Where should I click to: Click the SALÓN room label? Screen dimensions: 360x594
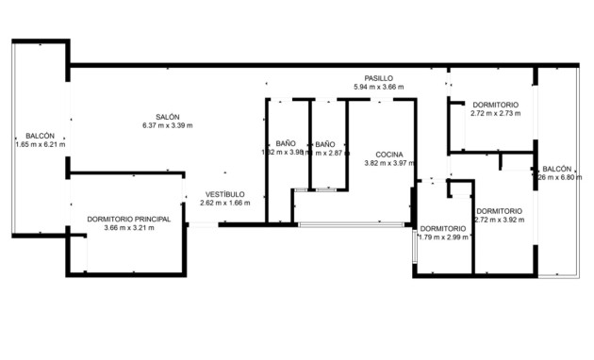click(x=168, y=117)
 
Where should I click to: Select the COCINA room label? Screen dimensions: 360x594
click(x=389, y=154)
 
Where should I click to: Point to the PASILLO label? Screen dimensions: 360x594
click(x=379, y=78)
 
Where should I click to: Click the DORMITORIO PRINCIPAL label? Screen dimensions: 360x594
click(x=128, y=219)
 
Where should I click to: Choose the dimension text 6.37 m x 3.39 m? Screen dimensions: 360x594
click(x=168, y=125)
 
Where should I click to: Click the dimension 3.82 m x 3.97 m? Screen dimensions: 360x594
click(x=389, y=163)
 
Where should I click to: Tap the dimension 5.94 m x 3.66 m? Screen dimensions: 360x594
click(x=378, y=87)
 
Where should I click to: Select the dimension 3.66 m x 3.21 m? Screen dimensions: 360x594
click(x=128, y=227)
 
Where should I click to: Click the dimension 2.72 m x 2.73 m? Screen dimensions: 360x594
click(x=495, y=113)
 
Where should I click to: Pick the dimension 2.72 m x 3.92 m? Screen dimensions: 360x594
click(x=499, y=220)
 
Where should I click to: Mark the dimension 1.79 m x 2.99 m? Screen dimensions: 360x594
click(x=442, y=237)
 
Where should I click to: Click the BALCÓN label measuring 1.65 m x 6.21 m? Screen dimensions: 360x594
click(x=40, y=136)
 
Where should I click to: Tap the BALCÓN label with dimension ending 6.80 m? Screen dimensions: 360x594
click(x=557, y=169)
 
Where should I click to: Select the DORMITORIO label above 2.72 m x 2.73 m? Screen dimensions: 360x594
click(x=495, y=105)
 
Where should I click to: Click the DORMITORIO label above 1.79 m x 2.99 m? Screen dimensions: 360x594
click(x=442, y=229)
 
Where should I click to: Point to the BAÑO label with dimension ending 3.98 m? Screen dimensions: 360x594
click(x=287, y=143)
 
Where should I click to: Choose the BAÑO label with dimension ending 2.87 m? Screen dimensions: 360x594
click(x=324, y=143)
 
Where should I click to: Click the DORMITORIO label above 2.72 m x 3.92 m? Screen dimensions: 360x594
click(x=499, y=211)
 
